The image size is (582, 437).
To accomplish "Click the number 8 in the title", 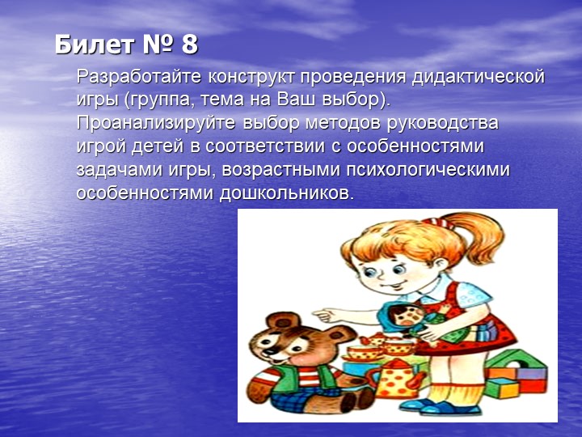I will coord(189,45).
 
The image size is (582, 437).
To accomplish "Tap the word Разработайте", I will coord(138,78).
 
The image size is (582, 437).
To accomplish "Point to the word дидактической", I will coord(479,78).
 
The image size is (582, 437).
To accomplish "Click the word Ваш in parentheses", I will coord(299,101).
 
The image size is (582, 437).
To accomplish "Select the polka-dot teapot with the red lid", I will coord(396,377).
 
